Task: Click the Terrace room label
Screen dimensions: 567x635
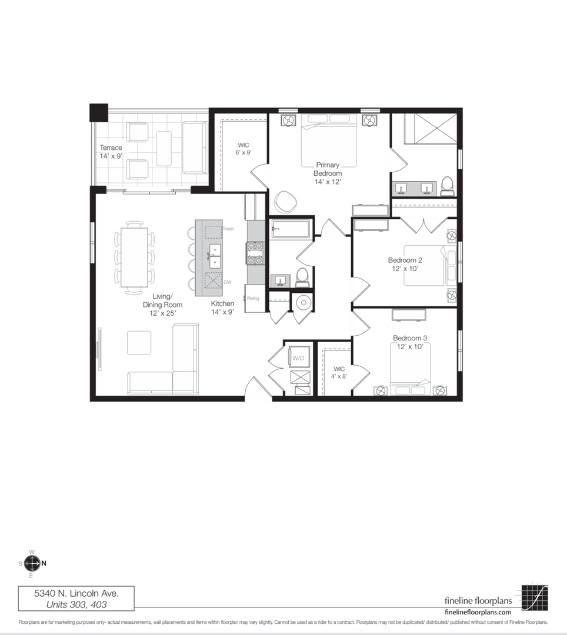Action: tap(111, 148)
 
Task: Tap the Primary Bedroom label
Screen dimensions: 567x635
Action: tap(328, 169)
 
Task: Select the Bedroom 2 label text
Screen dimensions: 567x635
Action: tap(405, 260)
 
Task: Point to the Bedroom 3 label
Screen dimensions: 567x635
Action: tap(410, 337)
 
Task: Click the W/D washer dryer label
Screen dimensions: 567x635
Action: tap(298, 358)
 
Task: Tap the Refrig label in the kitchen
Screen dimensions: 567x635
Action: tap(253, 299)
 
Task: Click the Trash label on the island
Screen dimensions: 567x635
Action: tap(228, 229)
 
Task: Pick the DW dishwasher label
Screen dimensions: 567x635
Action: tap(228, 282)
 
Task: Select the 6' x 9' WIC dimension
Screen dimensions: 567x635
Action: tap(244, 153)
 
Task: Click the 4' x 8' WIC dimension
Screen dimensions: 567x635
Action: tap(339, 376)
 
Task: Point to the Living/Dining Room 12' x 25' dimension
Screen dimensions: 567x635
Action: tap(162, 313)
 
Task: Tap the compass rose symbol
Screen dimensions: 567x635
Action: tap(32, 563)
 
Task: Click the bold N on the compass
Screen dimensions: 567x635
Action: tap(44, 563)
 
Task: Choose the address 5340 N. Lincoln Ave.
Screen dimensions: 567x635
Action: tap(76, 593)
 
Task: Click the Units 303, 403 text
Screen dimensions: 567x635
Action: tap(76, 604)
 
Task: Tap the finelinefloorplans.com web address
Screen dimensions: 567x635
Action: tap(478, 612)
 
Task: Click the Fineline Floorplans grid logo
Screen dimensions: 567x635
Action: tap(535, 597)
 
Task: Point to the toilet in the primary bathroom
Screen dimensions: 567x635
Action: tap(447, 186)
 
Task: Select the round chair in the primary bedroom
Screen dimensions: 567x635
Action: tap(285, 201)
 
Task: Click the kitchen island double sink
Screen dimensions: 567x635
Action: tap(215, 256)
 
